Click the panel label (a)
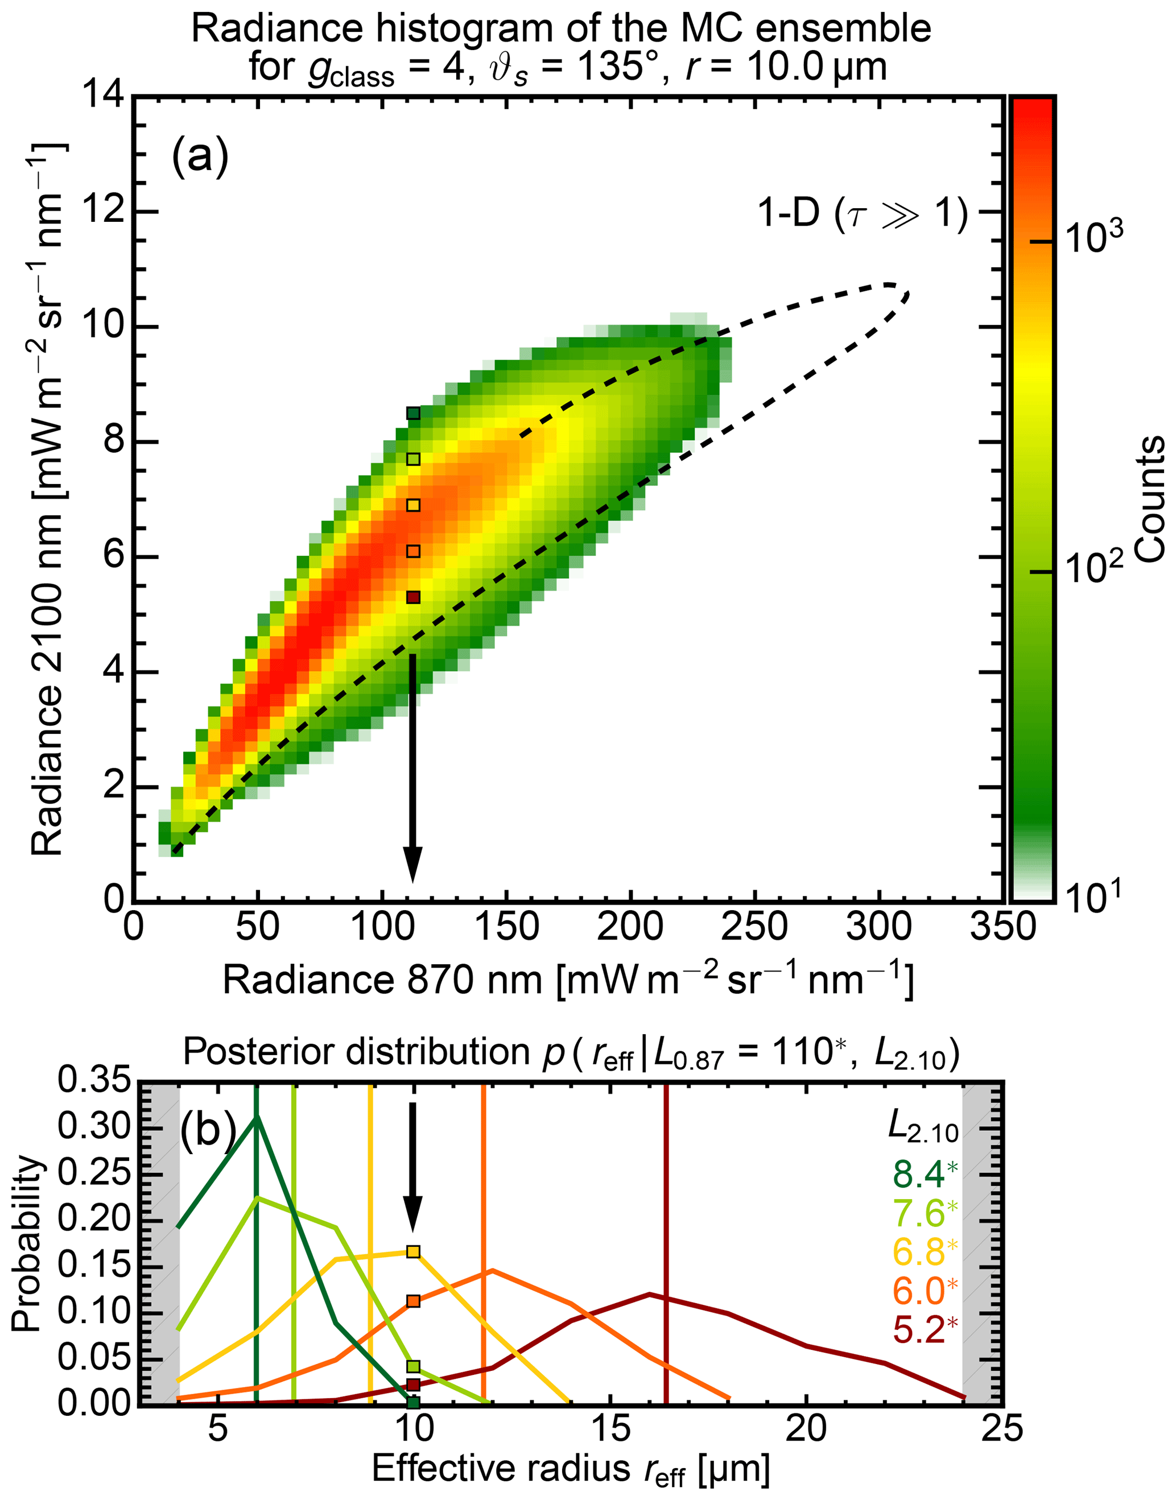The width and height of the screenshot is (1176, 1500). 200,156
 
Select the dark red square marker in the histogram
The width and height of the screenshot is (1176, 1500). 413,597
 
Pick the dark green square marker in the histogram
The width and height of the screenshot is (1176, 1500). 413,413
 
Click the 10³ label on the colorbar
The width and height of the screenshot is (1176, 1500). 1094,238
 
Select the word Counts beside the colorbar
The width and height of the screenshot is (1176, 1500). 1149,499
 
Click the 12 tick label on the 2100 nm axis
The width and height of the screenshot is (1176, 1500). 104,212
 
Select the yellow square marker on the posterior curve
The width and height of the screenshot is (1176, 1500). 412,1251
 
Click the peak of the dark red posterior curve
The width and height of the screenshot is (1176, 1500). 649,1294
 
